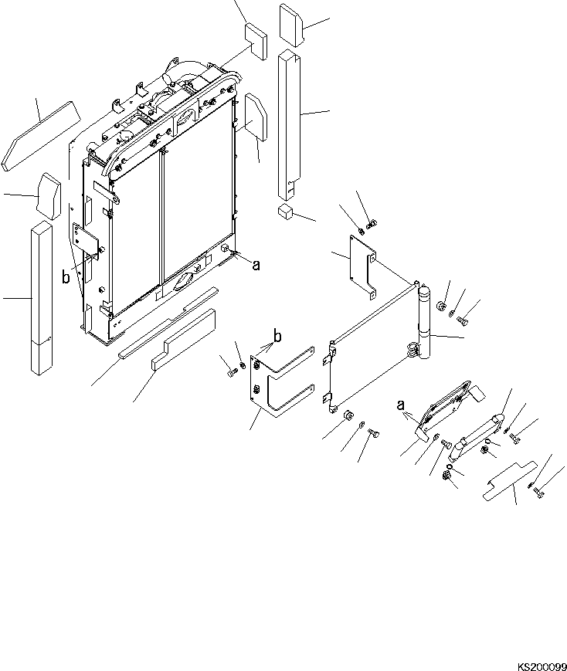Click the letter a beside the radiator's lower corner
coord(256,264)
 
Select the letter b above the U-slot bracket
coord(277,337)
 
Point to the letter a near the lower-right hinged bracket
coord(400,404)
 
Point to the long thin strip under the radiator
coord(168,322)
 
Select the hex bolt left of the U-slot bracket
coord(229,373)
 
